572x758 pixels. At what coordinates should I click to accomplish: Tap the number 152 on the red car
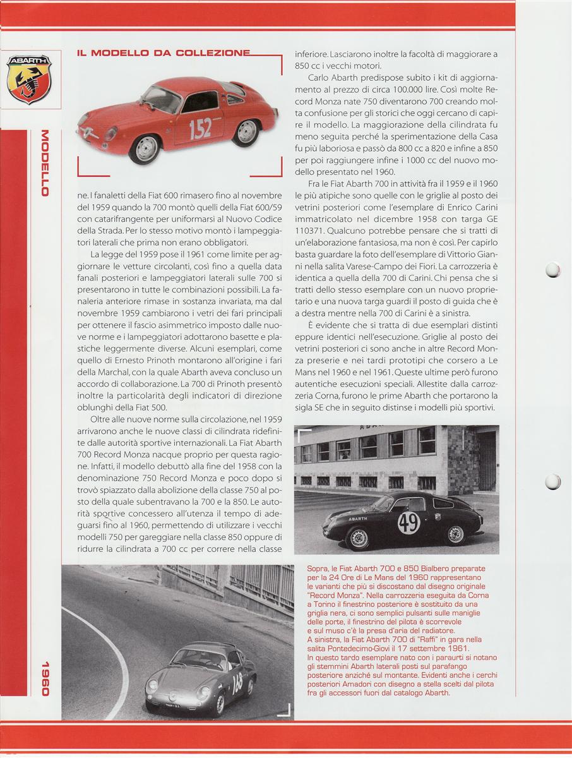200,129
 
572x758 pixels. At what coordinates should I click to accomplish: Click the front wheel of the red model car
145,149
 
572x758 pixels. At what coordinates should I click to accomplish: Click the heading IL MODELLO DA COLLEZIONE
164,54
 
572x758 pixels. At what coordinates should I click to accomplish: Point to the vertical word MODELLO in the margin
44,163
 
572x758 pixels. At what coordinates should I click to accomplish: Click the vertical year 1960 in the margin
44,678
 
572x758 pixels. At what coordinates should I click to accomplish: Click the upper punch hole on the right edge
552,270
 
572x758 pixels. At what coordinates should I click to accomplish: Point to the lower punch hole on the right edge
552,481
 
